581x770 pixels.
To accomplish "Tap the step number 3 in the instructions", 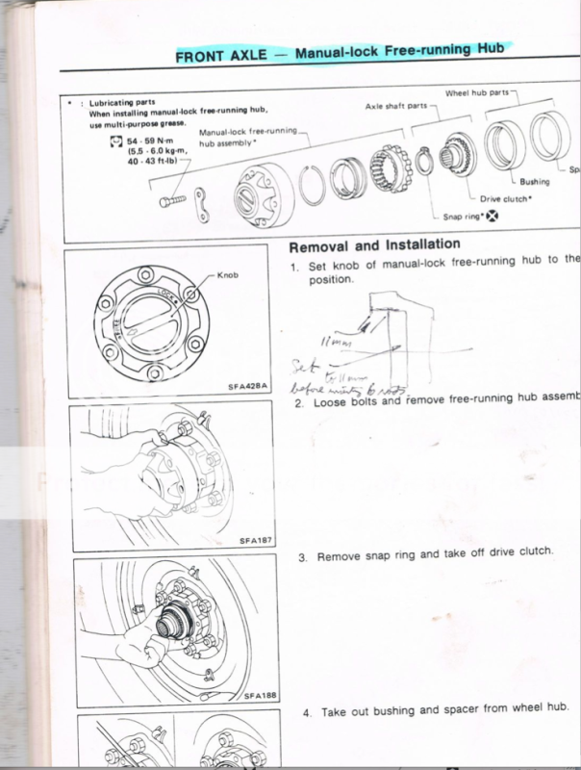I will [302, 556].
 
